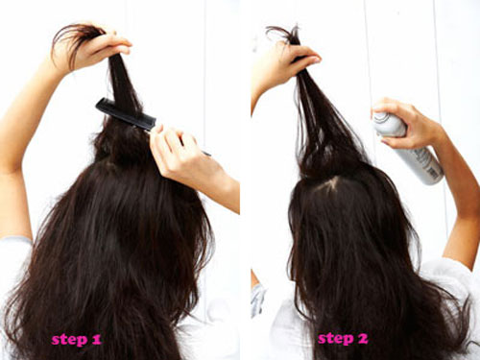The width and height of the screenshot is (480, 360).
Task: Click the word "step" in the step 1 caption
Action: point(69,339)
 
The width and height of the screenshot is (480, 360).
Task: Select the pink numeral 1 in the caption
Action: point(96,339)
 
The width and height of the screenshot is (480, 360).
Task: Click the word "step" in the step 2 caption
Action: point(335,339)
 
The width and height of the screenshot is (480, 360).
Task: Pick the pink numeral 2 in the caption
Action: point(362,339)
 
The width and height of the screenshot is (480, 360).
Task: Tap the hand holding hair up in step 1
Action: point(96,48)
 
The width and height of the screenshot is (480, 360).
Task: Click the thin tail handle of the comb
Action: point(180,141)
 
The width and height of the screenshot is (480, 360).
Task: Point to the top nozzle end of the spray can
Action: point(382,118)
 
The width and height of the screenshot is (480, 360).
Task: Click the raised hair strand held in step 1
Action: point(123,84)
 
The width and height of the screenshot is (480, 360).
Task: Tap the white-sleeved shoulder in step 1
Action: point(14,256)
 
